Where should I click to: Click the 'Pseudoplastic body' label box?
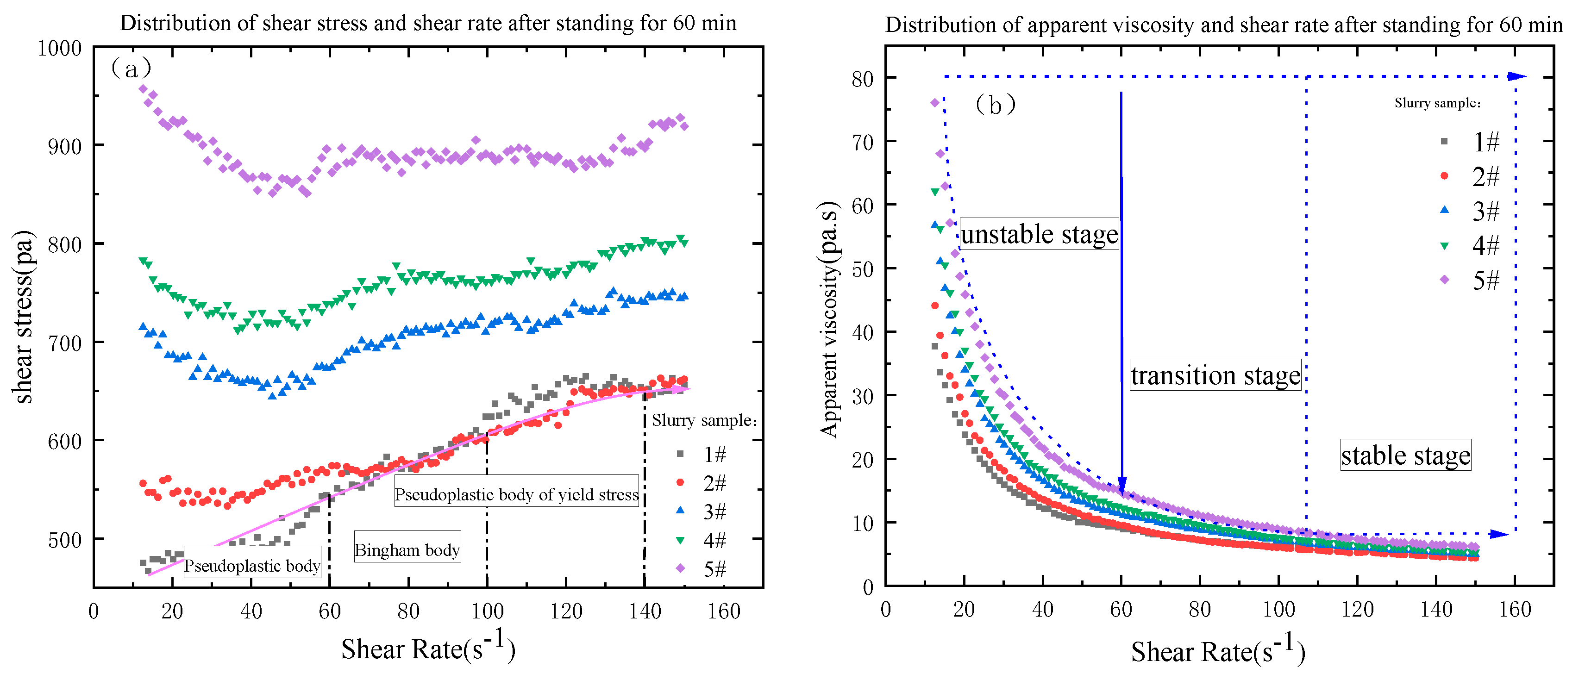pos(252,565)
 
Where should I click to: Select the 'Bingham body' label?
pos(407,549)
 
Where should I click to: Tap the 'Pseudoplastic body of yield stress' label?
pos(516,494)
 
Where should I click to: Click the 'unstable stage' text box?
pos(1039,234)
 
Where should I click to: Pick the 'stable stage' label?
pos(1405,455)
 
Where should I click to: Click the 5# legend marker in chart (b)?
pos(1444,280)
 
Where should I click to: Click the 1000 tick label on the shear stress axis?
pos(60,48)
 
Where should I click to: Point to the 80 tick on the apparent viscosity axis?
pos(863,79)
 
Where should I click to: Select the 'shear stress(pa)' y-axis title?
pos(23,317)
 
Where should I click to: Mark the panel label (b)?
pos(995,105)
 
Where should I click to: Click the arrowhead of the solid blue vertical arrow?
pos(1121,487)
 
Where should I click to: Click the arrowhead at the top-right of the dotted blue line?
pos(1517,76)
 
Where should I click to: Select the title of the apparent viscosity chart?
pos(1223,25)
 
